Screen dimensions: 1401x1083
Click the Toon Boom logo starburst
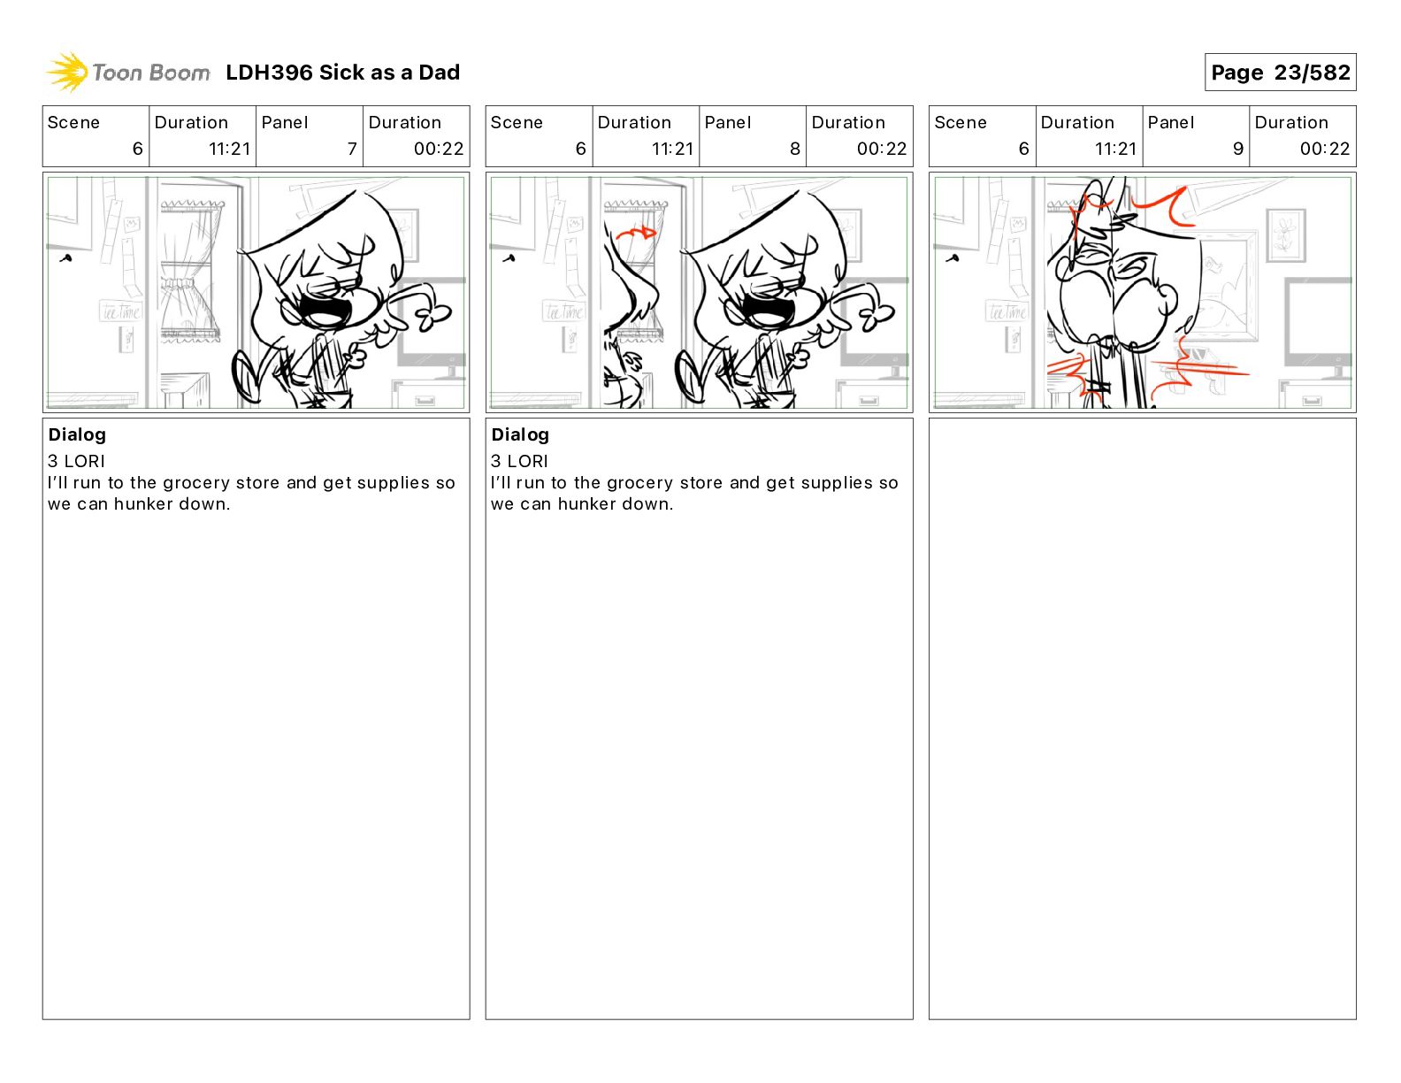[67, 73]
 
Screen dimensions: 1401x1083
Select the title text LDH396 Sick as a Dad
[342, 73]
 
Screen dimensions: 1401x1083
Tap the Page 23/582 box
[1280, 73]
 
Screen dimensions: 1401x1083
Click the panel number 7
[352, 149]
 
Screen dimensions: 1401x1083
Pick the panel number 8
[795, 149]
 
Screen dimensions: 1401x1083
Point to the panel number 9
[1238, 149]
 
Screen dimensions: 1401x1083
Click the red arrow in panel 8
[636, 232]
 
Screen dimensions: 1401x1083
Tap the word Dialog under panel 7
[77, 434]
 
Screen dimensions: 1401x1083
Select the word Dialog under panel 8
[520, 434]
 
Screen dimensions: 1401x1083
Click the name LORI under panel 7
[84, 461]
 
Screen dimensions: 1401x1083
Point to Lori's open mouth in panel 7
[326, 310]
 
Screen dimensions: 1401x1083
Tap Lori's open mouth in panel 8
[769, 310]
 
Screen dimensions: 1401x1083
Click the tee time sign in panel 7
[120, 311]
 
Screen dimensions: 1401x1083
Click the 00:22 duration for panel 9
[1324, 149]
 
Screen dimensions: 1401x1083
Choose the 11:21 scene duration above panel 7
[229, 149]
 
